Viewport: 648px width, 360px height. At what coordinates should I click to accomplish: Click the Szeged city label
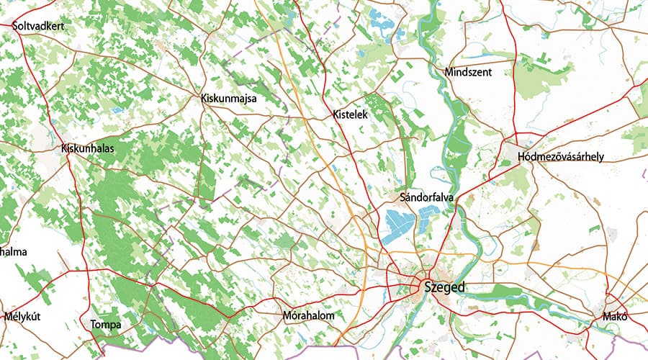(445, 287)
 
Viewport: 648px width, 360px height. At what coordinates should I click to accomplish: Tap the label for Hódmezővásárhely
(560, 157)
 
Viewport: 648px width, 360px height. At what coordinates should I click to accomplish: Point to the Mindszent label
(467, 73)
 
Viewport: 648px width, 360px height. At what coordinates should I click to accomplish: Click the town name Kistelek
(351, 114)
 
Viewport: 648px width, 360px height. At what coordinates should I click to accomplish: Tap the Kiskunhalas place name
(88, 149)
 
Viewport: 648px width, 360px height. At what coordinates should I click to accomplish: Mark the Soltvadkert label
(39, 26)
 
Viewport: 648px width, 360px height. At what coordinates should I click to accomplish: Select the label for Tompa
(106, 325)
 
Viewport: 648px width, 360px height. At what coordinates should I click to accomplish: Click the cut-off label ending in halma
(13, 251)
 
